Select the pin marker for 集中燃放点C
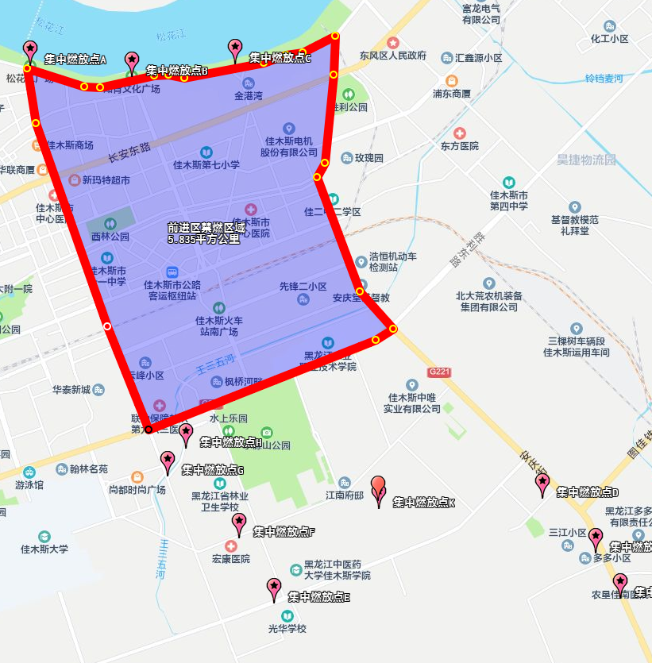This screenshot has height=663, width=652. click(235, 49)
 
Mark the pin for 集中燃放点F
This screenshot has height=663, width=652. click(239, 524)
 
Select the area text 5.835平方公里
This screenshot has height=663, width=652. click(203, 238)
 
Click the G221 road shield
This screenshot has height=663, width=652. click(438, 372)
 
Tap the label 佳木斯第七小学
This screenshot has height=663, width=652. click(206, 165)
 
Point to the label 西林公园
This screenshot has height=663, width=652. click(110, 237)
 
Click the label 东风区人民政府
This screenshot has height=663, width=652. click(392, 56)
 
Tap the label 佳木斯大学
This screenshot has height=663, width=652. click(44, 549)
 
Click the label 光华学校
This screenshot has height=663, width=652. click(287, 629)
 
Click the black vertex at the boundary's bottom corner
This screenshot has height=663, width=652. click(149, 430)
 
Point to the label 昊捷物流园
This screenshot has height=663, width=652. click(586, 160)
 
